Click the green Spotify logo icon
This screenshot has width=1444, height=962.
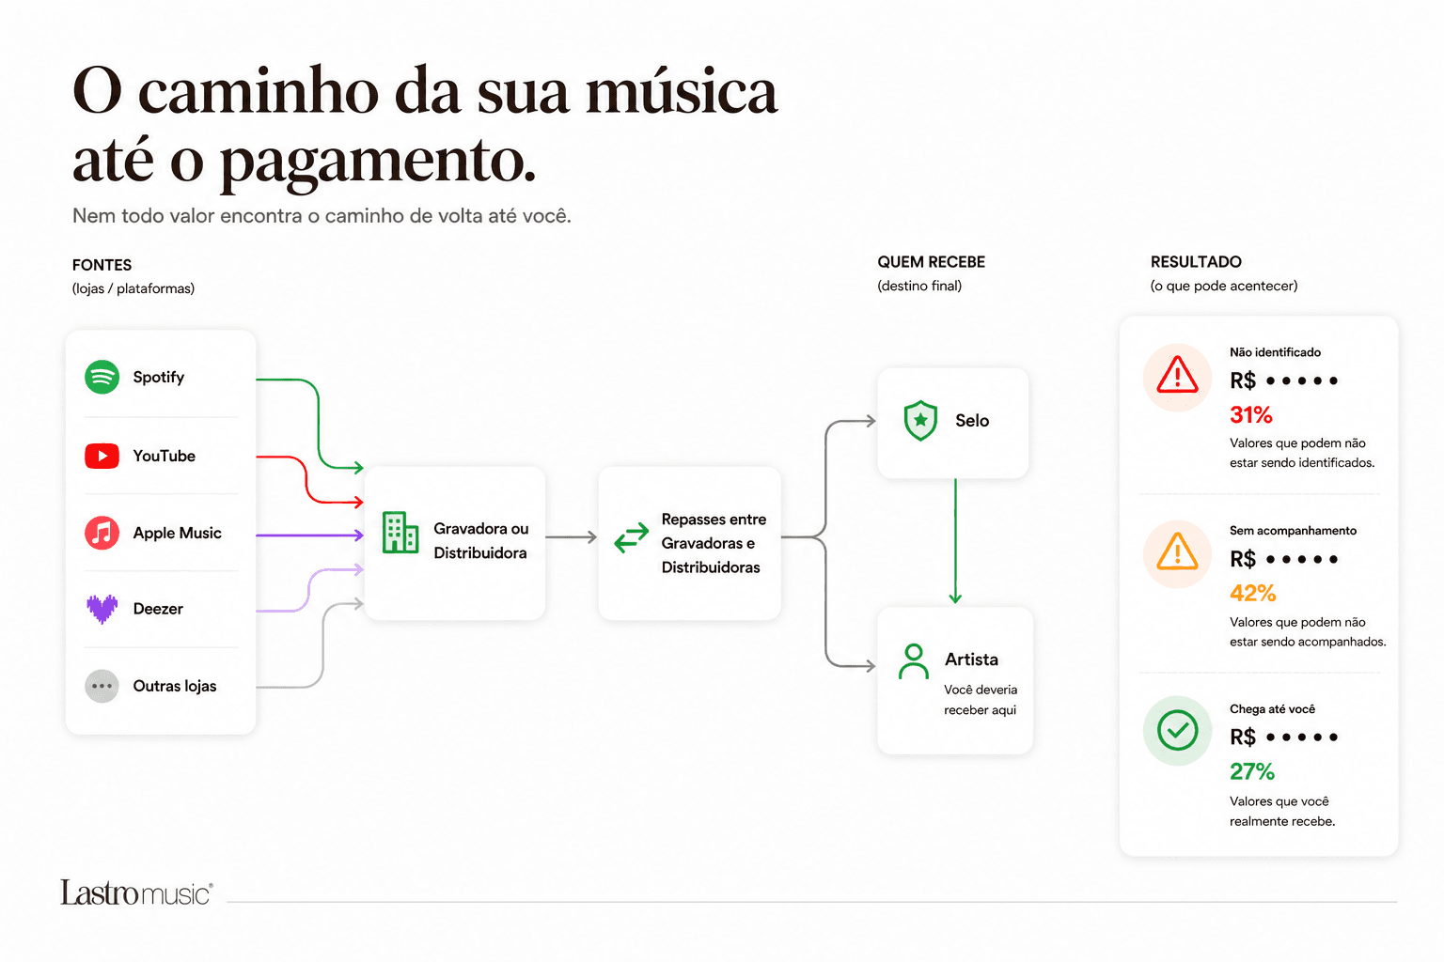click(102, 377)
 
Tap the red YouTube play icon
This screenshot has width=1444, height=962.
click(102, 456)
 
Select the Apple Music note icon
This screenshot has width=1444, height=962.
click(102, 533)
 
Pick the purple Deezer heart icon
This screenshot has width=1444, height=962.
click(102, 609)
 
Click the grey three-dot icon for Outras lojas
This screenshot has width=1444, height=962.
click(102, 686)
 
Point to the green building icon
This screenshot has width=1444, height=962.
click(400, 533)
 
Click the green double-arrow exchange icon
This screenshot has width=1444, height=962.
click(631, 537)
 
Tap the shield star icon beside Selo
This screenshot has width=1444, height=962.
click(920, 421)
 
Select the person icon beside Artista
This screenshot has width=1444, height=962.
click(914, 661)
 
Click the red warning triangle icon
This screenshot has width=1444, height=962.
click(1177, 375)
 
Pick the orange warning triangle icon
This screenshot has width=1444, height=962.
click(1177, 552)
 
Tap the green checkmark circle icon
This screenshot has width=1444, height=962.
click(1177, 730)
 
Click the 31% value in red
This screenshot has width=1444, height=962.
click(1251, 415)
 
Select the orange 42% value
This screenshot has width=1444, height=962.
click(1252, 593)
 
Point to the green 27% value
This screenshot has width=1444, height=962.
click(1252, 771)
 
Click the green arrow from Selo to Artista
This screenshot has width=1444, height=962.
click(955, 540)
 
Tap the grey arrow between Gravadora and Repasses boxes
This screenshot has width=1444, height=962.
click(572, 536)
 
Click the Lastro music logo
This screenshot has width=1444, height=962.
click(136, 892)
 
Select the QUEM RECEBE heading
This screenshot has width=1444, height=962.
click(931, 262)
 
